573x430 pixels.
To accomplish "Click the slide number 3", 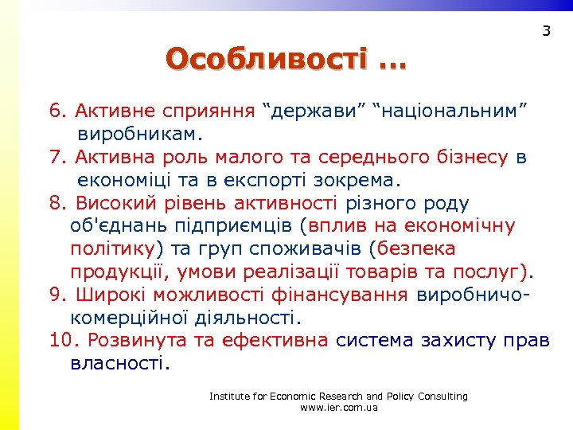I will pyautogui.click(x=546, y=32).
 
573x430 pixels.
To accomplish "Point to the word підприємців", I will pyautogui.click(x=238, y=226).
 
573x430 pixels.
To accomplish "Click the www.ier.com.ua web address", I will pyautogui.click(x=338, y=408).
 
